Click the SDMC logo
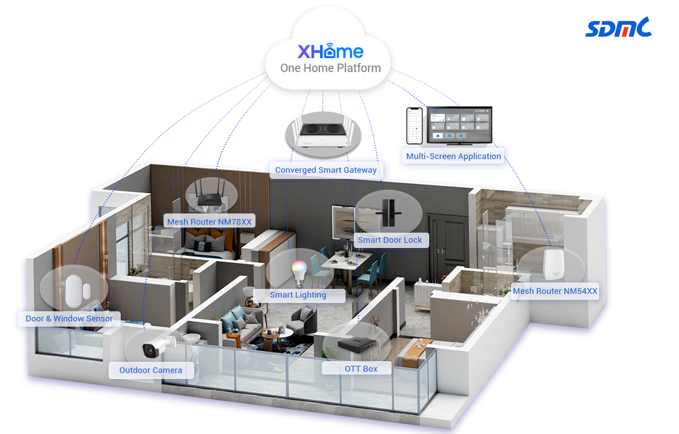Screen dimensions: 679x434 [x=618, y=27]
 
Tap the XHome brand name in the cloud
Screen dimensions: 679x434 [x=330, y=51]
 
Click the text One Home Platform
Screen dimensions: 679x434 [x=330, y=68]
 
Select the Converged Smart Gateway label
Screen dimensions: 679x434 [x=326, y=170]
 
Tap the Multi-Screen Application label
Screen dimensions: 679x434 [x=454, y=156]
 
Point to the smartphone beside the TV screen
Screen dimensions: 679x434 [x=415, y=126]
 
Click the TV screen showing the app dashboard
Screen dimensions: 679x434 [x=459, y=125]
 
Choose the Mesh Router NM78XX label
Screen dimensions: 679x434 [x=210, y=221]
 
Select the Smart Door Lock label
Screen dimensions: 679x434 [x=390, y=240]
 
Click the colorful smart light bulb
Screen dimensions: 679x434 [x=299, y=272]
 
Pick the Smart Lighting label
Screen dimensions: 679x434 [x=298, y=295]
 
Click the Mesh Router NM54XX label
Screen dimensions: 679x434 [x=555, y=291]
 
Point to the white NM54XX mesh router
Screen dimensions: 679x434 [x=554, y=264]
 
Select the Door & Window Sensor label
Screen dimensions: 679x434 [x=69, y=318]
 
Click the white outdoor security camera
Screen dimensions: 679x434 [x=159, y=346]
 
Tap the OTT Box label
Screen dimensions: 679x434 [x=361, y=369]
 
